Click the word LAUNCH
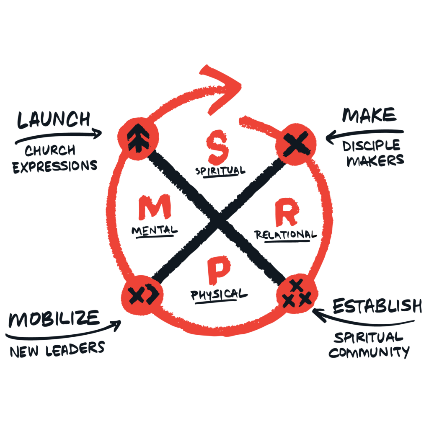point(53,120)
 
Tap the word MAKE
point(369,115)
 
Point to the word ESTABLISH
point(377,307)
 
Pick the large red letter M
point(155,208)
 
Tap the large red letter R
point(286,214)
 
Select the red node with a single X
point(296,144)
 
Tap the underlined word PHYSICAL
point(219,294)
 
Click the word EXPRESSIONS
point(54,165)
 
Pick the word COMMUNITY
point(369,352)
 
